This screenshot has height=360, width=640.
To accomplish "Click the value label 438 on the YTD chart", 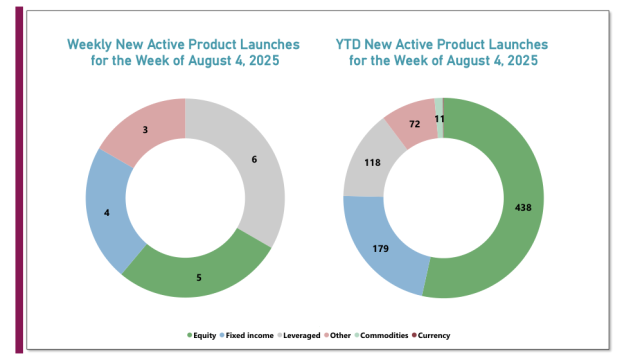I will pos(523,207).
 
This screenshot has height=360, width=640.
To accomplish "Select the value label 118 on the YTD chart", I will pos(372,162).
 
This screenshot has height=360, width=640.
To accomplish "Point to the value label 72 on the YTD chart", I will pos(414,124).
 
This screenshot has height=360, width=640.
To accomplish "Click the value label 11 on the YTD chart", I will pos(439,119).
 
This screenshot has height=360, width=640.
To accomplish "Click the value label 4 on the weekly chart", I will pos(106,212).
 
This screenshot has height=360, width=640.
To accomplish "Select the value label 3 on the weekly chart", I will pos(145,129).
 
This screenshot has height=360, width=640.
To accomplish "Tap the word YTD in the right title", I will pos(348,44).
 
